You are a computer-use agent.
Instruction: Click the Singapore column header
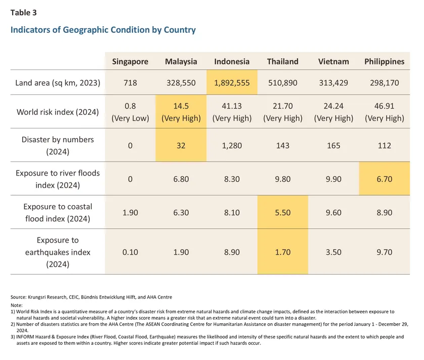(130, 62)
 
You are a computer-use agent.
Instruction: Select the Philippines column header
(384, 62)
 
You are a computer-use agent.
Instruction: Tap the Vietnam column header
(333, 62)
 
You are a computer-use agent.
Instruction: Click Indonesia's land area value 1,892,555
(232, 83)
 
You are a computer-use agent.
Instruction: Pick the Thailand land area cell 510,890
(283, 83)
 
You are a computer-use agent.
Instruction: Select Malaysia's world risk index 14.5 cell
(181, 113)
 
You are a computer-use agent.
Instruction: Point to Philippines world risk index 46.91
(384, 113)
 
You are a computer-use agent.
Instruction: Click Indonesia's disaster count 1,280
(232, 145)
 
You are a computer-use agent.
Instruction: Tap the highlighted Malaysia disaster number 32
(181, 145)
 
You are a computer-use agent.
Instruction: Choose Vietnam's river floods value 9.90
(333, 178)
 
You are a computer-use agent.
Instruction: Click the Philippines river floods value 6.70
(384, 178)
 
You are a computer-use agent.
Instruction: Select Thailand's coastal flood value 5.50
(283, 213)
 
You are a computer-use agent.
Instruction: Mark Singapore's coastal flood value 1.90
(130, 213)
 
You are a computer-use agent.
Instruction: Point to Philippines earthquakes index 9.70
(384, 252)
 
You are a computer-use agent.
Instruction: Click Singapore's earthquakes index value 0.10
(130, 252)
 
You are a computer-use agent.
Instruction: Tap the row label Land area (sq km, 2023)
(57, 83)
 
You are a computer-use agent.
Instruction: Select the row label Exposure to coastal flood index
(57, 213)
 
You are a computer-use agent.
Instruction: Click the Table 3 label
(23, 13)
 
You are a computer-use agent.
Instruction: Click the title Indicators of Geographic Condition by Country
(103, 30)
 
